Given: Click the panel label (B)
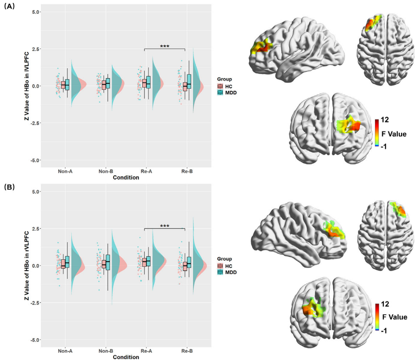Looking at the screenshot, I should [9, 187].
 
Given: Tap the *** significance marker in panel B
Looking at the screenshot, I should [164, 226].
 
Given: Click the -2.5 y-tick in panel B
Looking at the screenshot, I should [34, 303].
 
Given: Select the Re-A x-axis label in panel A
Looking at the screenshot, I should [146, 171].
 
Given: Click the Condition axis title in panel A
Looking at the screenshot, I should [126, 177].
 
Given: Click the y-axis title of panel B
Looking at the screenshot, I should [27, 265].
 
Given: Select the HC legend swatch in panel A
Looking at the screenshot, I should [221, 86].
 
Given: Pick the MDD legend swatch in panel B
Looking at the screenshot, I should [221, 272].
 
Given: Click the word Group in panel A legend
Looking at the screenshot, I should [225, 79].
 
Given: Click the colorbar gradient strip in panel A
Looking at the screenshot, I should [376, 133].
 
